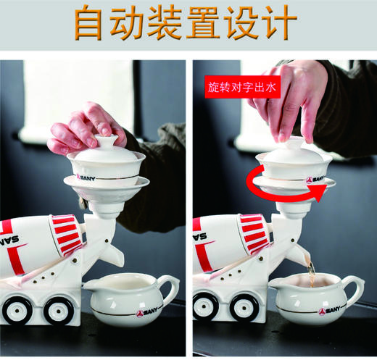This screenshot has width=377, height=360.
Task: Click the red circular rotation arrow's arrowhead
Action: [x=316, y=192]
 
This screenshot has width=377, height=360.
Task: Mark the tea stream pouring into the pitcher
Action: [x=310, y=274]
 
